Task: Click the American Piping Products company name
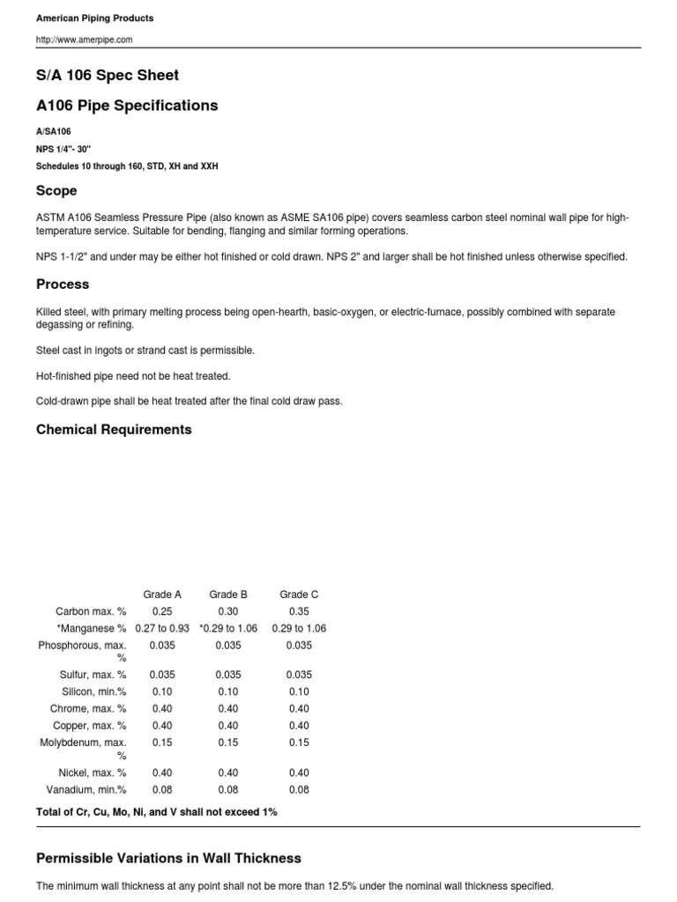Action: coord(94,18)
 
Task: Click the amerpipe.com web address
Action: coord(85,40)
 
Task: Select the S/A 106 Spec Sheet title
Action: coord(108,75)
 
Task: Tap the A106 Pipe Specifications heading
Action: coord(127,106)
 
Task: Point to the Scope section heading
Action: coord(56,190)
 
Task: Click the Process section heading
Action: coord(63,285)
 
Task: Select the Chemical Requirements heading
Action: coord(114,430)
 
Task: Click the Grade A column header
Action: coord(162,595)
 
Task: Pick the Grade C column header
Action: coord(299,595)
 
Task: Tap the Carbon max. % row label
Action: coord(91,611)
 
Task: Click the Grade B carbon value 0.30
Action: coord(228,611)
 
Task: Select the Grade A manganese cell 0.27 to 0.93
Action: coord(162,628)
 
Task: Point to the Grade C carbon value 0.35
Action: coord(299,611)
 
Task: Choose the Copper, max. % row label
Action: coord(92,726)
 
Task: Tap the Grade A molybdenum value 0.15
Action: coord(162,743)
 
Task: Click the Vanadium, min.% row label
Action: coord(91,790)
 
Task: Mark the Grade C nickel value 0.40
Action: coord(299,773)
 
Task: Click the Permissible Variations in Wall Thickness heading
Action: coord(168,858)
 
